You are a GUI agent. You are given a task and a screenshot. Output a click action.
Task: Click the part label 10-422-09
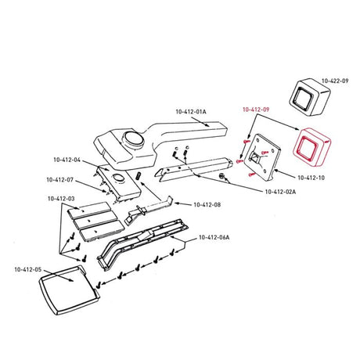pos(335,81)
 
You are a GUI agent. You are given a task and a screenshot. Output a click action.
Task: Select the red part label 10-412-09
pos(256,110)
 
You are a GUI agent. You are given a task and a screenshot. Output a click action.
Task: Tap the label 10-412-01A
pos(191,112)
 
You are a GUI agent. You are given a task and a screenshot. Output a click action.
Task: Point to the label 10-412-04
pos(67,160)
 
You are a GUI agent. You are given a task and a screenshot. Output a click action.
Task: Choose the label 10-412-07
pos(60,180)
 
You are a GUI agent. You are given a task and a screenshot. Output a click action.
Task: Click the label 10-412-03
pos(61,199)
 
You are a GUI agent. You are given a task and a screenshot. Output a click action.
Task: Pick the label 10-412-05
pos(28,269)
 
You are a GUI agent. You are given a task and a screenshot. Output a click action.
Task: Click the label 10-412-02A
pos(280,192)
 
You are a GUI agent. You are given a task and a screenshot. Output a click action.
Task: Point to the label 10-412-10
pos(311,178)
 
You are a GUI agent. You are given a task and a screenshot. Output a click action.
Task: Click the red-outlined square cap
pos(311,147)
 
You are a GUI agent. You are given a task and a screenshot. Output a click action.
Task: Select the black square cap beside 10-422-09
pos(309,97)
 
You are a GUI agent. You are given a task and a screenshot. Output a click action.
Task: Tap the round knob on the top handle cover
pos(134,139)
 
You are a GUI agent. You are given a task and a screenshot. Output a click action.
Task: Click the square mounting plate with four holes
pos(261,157)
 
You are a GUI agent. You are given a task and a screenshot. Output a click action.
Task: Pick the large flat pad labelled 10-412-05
pos(68,290)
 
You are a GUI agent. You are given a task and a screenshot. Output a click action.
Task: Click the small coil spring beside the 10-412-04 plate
pos(139,175)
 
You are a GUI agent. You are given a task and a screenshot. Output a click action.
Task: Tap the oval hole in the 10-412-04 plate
pos(118,177)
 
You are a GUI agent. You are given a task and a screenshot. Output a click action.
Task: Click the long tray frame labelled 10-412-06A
pos(142,244)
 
